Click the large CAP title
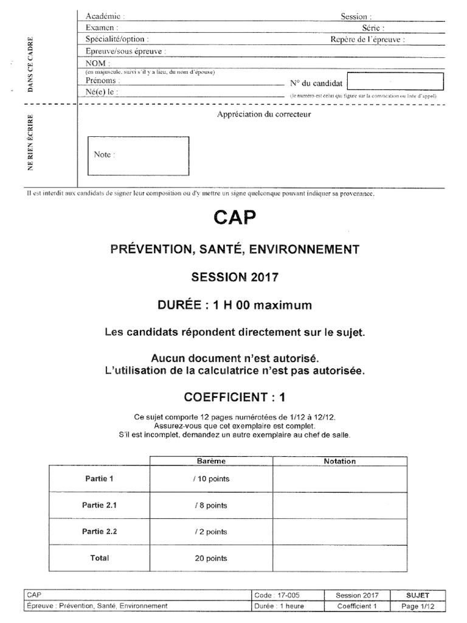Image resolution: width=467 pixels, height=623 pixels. [235, 218]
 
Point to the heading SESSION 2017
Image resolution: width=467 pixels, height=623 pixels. [235, 277]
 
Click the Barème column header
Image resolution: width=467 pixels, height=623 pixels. [211, 461]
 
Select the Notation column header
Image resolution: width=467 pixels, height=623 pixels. [339, 461]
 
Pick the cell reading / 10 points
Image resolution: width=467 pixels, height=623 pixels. [211, 479]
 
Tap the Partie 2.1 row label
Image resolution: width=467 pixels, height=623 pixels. [99, 505]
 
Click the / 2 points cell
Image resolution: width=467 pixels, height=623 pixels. [211, 532]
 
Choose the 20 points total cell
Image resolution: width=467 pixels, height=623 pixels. [211, 558]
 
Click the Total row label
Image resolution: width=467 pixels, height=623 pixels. [99, 558]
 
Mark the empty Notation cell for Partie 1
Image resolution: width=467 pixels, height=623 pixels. [339, 479]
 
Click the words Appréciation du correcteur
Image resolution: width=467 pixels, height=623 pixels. [264, 114]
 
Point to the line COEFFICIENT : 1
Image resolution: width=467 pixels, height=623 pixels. [235, 397]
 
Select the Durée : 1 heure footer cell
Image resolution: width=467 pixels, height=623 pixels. [280, 606]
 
